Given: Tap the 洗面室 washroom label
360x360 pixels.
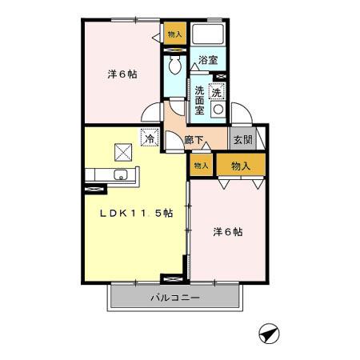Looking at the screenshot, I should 198,101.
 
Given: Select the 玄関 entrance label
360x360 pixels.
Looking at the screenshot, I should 242,138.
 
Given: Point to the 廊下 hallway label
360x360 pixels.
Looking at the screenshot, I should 194,138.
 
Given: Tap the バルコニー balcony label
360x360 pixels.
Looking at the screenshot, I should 174,299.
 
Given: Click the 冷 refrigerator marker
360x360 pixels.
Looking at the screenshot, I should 149,138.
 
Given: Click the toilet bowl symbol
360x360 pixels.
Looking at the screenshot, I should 173,66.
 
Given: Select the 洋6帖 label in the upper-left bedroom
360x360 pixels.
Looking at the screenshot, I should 122,74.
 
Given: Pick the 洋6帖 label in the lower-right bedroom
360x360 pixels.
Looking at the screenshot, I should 227,232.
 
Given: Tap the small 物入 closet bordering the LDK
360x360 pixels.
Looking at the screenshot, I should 200,166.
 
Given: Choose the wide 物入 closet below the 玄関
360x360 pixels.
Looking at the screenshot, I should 241,166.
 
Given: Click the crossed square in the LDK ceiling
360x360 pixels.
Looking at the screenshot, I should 123,149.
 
